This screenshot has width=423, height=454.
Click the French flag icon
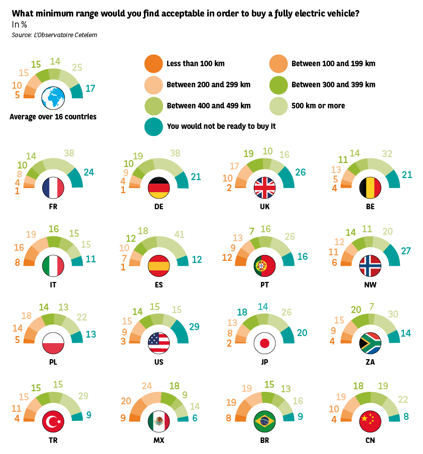click(53, 187)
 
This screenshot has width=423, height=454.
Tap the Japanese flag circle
click(264, 344)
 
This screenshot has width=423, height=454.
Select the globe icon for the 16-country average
click(53, 97)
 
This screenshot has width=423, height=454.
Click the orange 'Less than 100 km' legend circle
click(153, 64)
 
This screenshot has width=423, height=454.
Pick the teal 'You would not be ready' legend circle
click(153, 126)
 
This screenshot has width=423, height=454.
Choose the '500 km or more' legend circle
click(278, 106)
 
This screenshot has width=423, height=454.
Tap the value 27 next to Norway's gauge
click(406, 250)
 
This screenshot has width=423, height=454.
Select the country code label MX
click(159, 440)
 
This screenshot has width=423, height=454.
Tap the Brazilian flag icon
click(264, 422)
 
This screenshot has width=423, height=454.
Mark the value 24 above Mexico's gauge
click(146, 386)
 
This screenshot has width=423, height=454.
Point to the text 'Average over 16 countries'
click(53, 117)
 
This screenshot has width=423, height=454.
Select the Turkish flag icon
click(53, 422)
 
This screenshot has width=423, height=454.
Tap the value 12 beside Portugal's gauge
click(227, 257)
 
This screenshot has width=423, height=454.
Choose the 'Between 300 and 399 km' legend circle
click(278, 85)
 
